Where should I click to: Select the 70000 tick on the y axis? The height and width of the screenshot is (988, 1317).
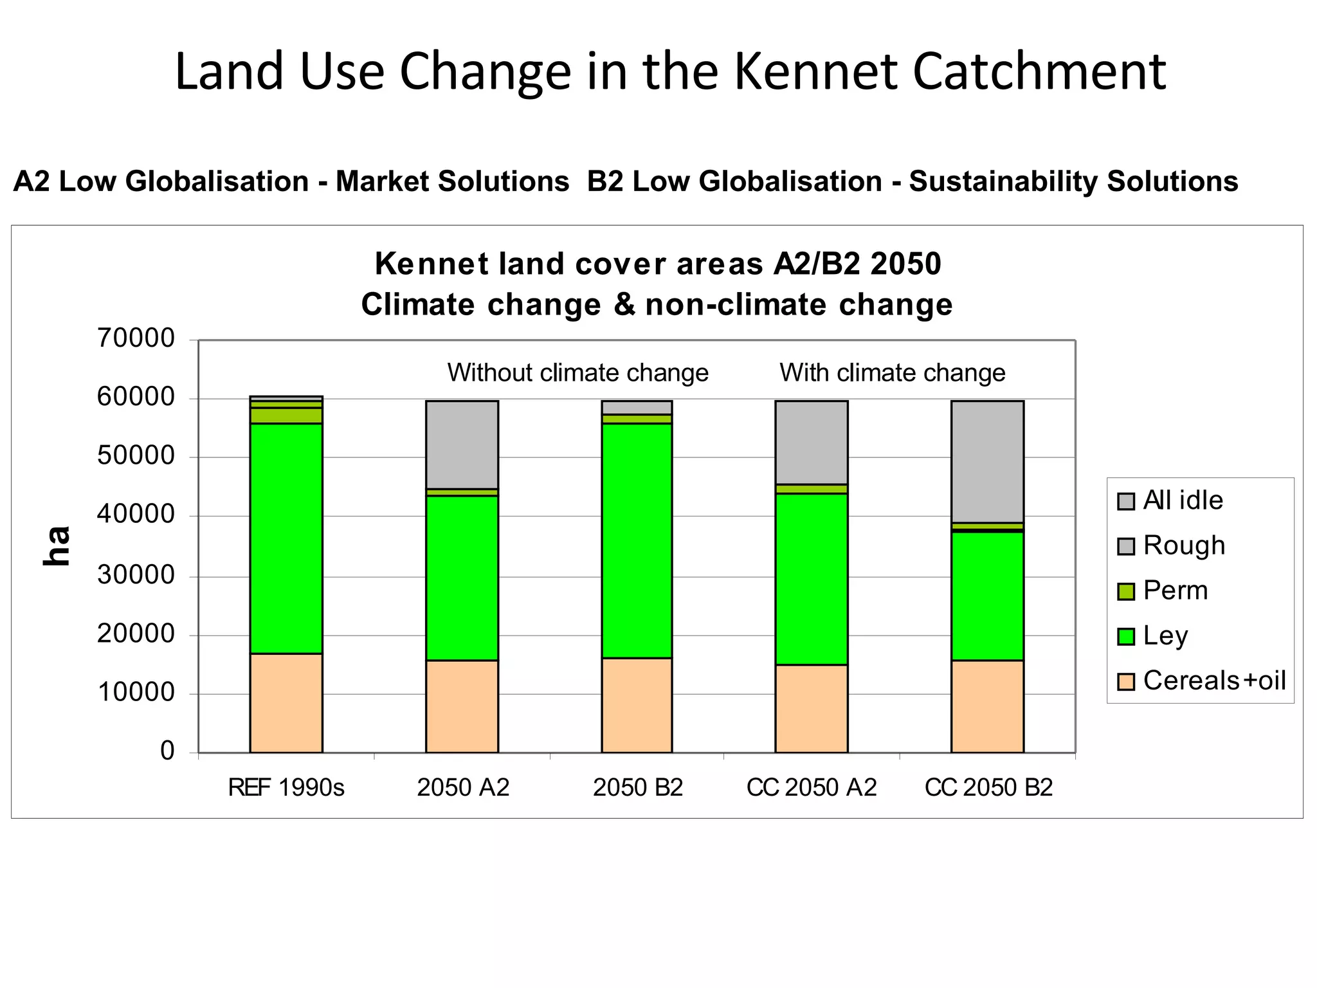tap(136, 338)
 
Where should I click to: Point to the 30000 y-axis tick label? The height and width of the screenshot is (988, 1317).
tap(136, 574)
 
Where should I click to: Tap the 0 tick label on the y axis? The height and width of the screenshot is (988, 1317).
tap(167, 751)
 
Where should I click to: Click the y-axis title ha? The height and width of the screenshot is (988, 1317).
tap(57, 546)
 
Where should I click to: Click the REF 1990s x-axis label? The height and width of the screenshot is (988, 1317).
tap(286, 787)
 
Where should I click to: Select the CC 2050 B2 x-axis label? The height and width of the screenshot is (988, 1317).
tap(988, 787)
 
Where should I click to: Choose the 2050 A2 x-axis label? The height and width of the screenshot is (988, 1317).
tap(462, 787)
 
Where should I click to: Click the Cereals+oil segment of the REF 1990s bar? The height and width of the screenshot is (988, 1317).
tap(286, 703)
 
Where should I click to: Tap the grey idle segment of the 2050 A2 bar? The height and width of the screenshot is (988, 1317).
tap(462, 444)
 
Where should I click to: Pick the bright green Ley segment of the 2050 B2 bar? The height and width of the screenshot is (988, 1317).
tap(637, 540)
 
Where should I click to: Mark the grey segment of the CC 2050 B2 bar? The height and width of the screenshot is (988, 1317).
tap(987, 461)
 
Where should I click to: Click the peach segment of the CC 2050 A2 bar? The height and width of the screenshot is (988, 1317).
tap(811, 708)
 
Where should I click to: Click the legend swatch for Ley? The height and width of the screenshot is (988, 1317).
tap(1126, 636)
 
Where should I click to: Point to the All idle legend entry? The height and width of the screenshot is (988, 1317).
tap(1183, 500)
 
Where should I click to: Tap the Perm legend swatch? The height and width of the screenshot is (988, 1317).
tap(1126, 591)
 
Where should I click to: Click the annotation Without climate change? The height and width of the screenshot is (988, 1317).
tap(577, 373)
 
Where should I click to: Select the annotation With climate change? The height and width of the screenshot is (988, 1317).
tap(892, 373)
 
